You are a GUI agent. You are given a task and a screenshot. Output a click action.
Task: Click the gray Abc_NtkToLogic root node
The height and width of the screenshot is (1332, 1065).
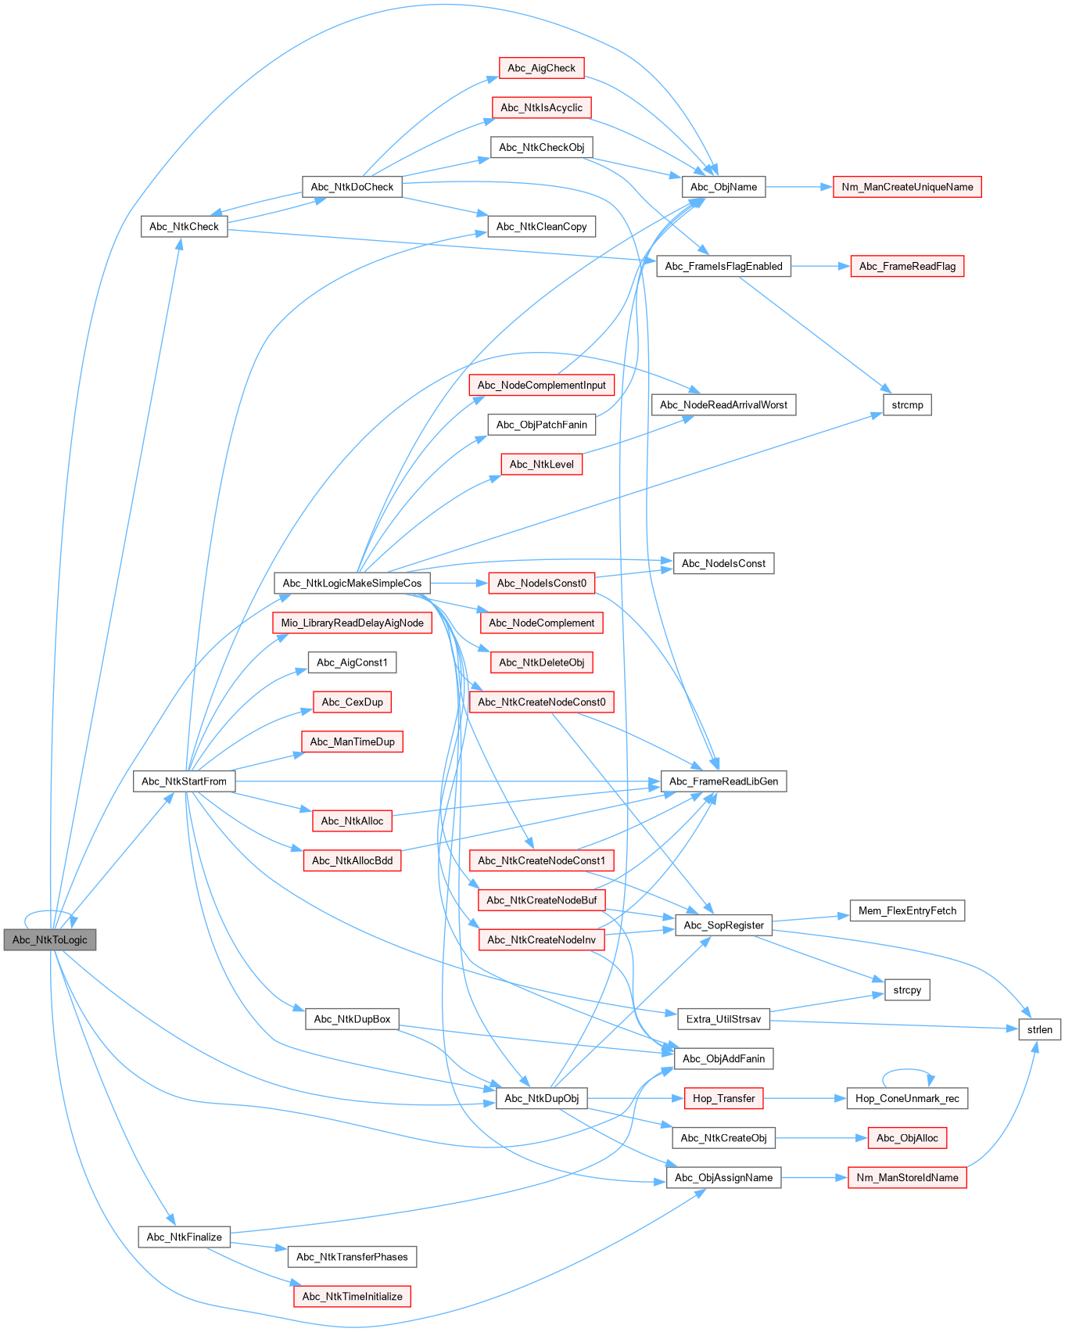(x=50, y=939)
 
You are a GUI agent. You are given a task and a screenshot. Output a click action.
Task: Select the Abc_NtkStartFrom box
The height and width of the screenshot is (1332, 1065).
(x=184, y=781)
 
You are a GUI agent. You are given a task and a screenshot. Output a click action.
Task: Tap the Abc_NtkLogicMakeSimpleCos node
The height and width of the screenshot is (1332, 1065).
(x=352, y=583)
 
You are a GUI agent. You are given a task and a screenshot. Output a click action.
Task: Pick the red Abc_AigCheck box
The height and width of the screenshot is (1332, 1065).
(x=541, y=68)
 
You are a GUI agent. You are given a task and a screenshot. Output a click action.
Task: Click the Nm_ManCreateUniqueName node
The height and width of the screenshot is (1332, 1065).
(x=907, y=187)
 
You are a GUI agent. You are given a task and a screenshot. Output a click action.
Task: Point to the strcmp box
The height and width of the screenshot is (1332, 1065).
(x=907, y=404)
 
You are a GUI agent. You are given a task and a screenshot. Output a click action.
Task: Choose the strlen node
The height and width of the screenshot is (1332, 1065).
(x=1039, y=1029)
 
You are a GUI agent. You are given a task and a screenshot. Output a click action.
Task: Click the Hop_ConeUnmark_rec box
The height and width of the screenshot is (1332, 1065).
(x=907, y=1098)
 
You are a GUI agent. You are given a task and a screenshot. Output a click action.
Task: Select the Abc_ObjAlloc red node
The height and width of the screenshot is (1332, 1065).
(x=907, y=1138)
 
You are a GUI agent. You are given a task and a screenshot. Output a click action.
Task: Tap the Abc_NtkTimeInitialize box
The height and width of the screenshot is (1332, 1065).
(x=352, y=1296)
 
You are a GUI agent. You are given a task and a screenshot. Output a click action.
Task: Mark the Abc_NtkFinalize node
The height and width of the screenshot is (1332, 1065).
(x=184, y=1237)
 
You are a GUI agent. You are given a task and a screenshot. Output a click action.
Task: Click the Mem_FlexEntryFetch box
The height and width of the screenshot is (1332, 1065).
(x=907, y=910)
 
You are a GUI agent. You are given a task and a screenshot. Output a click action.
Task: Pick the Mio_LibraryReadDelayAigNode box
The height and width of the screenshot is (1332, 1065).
(x=352, y=623)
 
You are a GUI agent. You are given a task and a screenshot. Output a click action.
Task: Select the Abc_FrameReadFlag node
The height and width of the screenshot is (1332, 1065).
(x=907, y=266)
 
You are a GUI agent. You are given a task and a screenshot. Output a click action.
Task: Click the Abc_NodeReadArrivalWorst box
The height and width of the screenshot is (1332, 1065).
(x=723, y=404)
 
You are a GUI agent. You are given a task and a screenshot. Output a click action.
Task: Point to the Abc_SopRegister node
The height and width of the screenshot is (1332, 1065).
(x=723, y=925)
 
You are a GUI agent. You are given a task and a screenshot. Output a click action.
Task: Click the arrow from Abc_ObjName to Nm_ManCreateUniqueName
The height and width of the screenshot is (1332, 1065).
(x=798, y=187)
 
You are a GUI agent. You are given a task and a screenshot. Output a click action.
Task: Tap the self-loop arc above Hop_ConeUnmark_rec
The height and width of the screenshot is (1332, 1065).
(x=907, y=1071)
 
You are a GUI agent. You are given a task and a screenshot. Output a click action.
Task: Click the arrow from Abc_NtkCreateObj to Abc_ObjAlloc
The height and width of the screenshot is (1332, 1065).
(x=821, y=1138)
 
